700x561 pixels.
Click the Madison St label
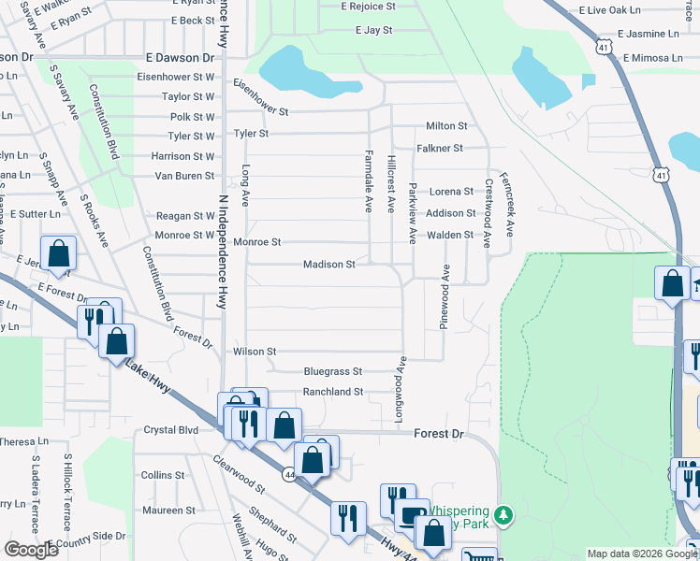pos(328,265)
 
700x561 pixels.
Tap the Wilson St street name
pos(255,352)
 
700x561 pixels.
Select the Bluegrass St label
pos(332,371)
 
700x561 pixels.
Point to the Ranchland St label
pos(332,392)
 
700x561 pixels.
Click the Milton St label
pos(446,126)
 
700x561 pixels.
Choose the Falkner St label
pos(440,149)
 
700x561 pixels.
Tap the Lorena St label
pos(451,192)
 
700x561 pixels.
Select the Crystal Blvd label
pos(171,430)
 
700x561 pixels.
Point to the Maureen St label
pos(168,511)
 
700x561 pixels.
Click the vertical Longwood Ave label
pos(400,389)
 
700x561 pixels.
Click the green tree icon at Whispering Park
pos(504,515)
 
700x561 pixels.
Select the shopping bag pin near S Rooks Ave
pos(58,253)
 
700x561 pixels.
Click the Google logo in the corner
pos(32,550)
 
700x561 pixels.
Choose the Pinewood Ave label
pos(445,301)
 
